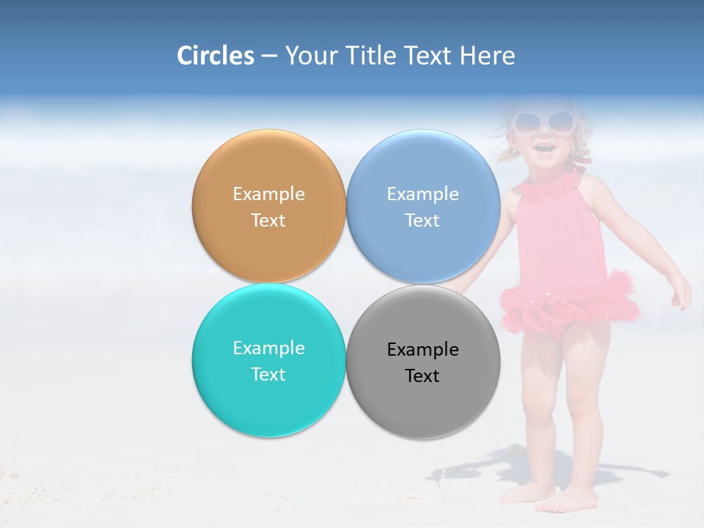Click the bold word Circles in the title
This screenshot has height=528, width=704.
click(215, 56)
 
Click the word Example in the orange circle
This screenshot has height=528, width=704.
click(268, 194)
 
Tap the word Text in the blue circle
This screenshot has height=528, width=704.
click(422, 221)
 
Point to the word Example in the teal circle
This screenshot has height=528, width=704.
click(268, 348)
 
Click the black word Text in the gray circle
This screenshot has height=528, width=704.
click(422, 376)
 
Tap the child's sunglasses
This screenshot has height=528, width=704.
click(543, 122)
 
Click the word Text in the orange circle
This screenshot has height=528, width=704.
click(268, 221)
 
